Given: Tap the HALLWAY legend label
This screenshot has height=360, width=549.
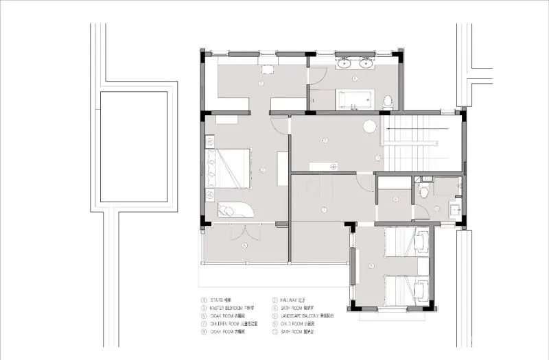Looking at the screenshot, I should click(x=292, y=300).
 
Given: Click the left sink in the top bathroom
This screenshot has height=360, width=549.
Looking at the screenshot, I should click(x=344, y=65).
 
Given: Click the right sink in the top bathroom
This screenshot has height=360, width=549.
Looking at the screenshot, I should click(x=366, y=65).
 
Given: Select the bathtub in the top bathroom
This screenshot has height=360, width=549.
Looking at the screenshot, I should click(x=355, y=100).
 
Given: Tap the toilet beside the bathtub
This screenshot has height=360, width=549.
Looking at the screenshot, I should click(x=388, y=101).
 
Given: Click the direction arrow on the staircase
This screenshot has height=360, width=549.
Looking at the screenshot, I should click(x=412, y=128).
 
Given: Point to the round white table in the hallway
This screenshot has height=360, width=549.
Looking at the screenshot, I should click(x=369, y=126).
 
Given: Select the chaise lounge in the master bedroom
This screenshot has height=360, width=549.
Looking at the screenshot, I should click(x=236, y=210).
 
